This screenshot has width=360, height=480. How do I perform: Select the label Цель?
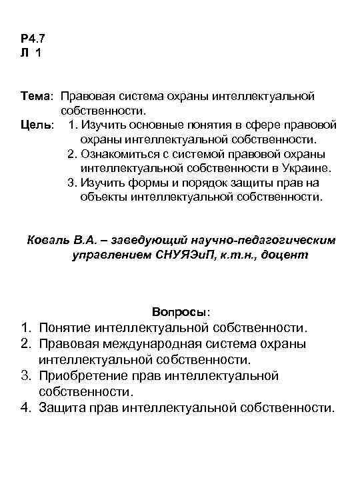pyautogui.click(x=35, y=126)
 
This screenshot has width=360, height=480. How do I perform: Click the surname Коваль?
pyautogui.click(x=48, y=240)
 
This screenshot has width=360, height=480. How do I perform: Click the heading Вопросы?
pyautogui.click(x=180, y=312)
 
